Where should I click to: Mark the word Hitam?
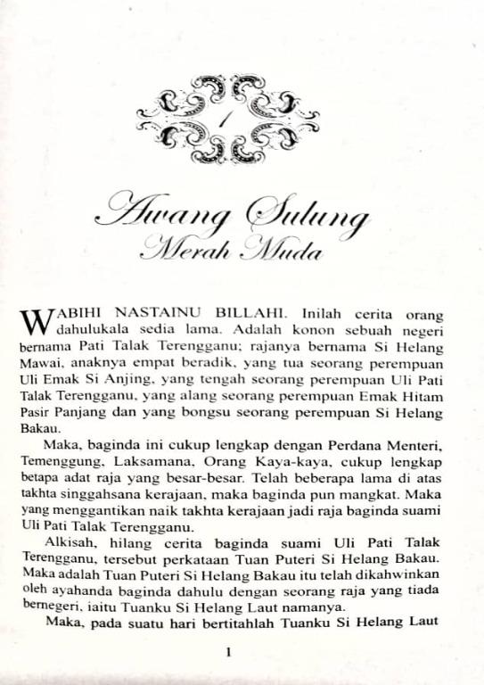tap(430, 397)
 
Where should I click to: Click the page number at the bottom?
tap(230, 652)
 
